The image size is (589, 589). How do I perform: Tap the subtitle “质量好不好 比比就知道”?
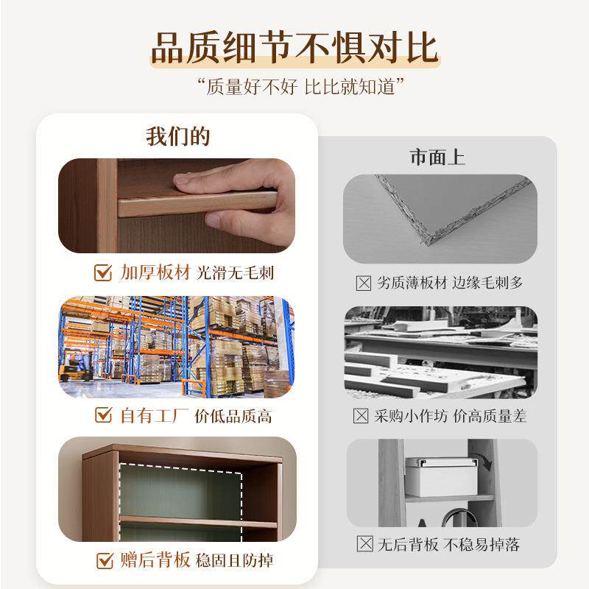[294, 86]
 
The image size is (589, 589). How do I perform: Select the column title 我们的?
[177, 137]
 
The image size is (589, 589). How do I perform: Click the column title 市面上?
[437, 158]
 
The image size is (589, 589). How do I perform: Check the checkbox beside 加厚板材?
[104, 273]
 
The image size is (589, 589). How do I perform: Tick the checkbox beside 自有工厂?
[104, 416]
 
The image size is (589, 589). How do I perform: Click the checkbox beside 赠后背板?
[104, 561]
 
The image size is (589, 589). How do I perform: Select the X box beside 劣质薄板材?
[362, 283]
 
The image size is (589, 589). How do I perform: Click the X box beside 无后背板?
[364, 545]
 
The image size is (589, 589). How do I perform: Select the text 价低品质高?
[233, 416]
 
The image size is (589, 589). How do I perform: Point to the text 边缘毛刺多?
[487, 283]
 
